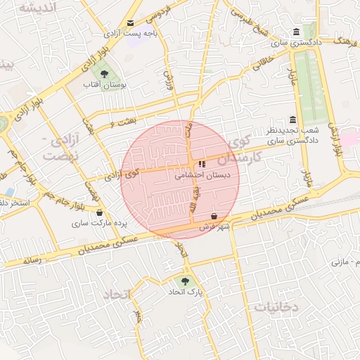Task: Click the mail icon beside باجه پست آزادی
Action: tap(130, 23)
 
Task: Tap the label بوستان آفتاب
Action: tap(104, 84)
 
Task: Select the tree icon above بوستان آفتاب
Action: tap(104, 73)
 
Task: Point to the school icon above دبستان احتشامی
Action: tap(202, 164)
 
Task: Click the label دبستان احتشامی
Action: tap(200, 176)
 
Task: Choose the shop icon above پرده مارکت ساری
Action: tap(99, 212)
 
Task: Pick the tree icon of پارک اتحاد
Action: tap(184, 281)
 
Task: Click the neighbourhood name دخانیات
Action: tap(276, 307)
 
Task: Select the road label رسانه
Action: tap(32, 259)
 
